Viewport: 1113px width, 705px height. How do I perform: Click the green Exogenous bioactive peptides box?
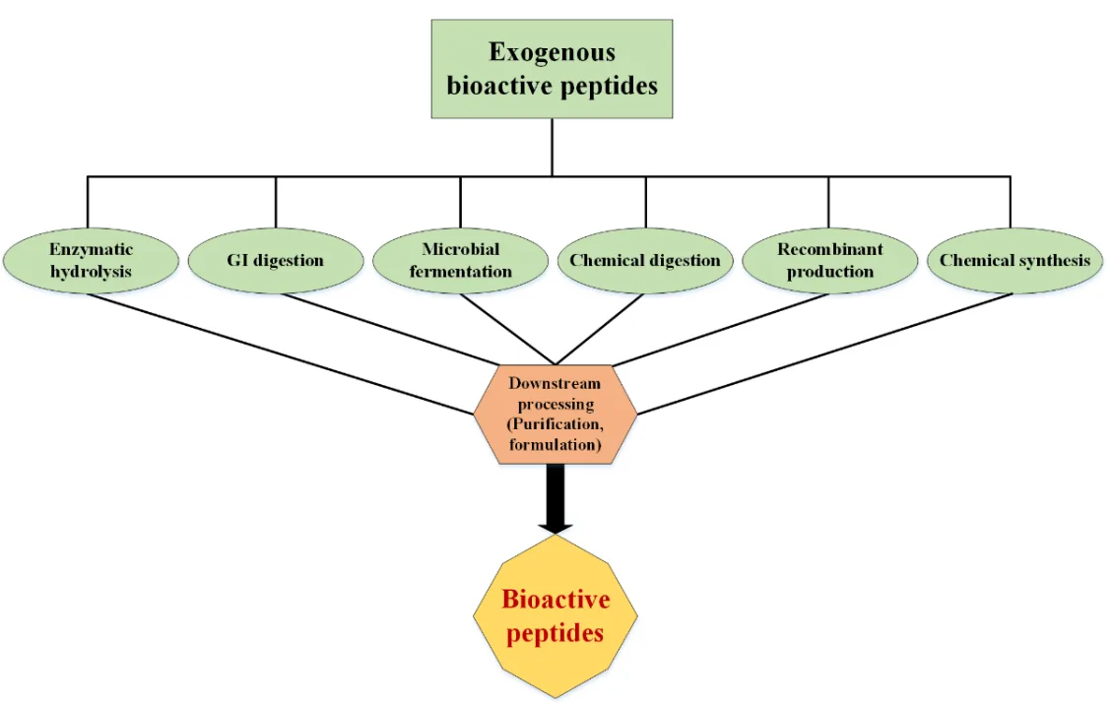click(552, 69)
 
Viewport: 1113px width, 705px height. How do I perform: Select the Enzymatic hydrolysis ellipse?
click(92, 260)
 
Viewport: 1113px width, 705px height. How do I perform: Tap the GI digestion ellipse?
click(275, 261)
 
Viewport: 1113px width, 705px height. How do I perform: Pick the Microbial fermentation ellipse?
click(460, 260)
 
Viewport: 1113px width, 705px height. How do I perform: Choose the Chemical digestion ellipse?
click(645, 261)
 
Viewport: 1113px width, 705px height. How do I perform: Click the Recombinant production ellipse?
click(829, 260)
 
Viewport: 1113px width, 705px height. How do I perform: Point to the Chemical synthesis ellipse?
click(1015, 261)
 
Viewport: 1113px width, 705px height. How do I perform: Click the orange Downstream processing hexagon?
click(555, 413)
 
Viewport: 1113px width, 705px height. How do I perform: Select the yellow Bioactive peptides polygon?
click(555, 615)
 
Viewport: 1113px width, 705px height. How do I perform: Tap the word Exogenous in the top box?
click(552, 52)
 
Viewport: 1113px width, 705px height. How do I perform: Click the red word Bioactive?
click(556, 599)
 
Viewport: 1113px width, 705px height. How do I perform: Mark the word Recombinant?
click(829, 249)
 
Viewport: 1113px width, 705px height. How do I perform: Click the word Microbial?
click(460, 249)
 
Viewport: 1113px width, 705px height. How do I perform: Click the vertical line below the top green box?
click(552, 148)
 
